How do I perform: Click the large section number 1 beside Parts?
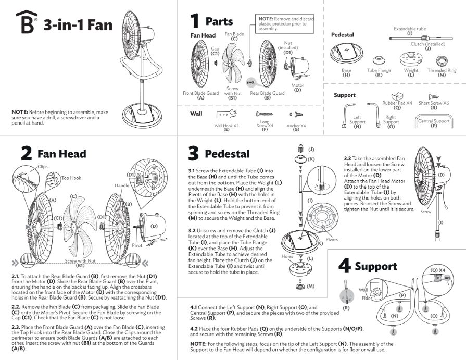[195, 21]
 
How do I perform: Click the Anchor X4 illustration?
[296, 114]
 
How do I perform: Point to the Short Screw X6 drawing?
[433, 96]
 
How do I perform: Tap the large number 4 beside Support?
[344, 266]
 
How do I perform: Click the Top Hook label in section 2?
[72, 178]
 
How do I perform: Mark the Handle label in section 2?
[122, 185]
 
